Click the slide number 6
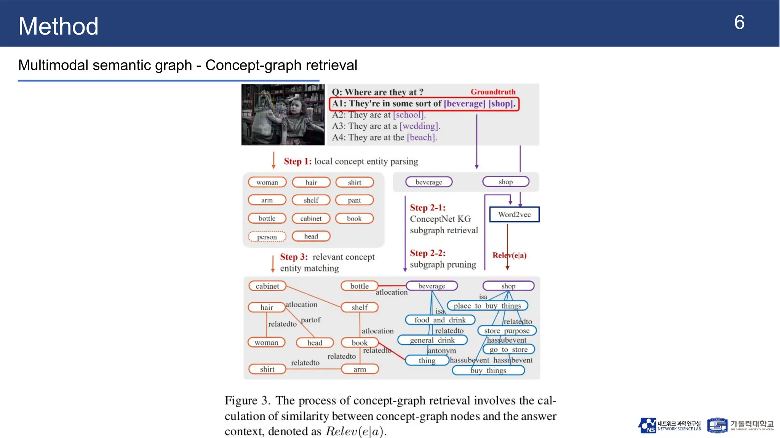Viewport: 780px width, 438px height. tap(739, 23)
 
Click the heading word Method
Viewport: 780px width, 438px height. tap(58, 26)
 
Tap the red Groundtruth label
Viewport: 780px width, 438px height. tap(493, 92)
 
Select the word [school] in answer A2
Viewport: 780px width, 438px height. tap(408, 115)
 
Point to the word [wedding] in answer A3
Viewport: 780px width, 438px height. tap(419, 126)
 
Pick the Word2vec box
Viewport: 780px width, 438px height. tap(514, 214)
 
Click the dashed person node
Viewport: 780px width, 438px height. tap(267, 237)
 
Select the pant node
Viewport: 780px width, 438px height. tap(354, 200)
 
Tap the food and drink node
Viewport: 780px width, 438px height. tap(440, 320)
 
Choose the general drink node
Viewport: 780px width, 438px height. tap(432, 340)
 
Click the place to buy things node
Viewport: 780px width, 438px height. tap(487, 306)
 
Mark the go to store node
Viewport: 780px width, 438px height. tap(508, 349)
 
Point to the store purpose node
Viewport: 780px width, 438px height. tap(507, 331)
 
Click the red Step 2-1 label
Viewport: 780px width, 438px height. tap(427, 208)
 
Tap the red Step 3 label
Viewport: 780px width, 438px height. tap(294, 257)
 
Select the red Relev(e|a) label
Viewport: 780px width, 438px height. tap(509, 255)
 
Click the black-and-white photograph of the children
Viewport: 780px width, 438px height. tap(283, 114)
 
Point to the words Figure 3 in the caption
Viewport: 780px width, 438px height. tap(247, 400)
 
